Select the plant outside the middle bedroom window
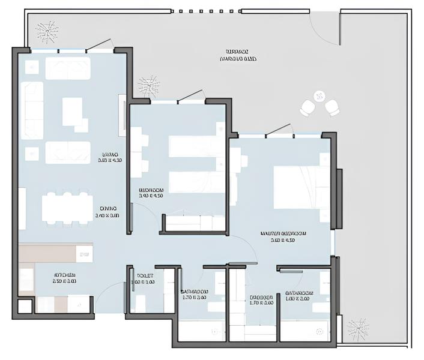tap(148, 86)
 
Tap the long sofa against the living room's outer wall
tap(32, 110)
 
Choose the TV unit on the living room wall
tap(123, 112)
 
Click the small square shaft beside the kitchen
tap(24, 307)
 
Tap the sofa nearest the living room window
tap(68, 68)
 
